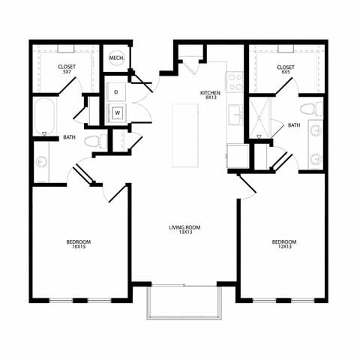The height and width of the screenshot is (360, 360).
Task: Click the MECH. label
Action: click(x=116, y=58)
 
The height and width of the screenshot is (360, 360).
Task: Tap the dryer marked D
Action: click(x=116, y=92)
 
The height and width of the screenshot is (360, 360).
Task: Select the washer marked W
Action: click(x=116, y=114)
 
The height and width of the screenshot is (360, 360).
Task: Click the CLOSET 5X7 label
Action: click(x=66, y=70)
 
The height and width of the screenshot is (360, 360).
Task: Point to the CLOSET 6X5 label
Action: click(x=285, y=70)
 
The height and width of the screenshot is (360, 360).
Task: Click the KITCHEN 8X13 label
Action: click(x=209, y=96)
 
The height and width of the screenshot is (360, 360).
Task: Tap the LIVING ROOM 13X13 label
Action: click(x=184, y=230)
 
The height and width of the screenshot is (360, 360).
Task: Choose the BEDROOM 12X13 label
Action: click(x=283, y=244)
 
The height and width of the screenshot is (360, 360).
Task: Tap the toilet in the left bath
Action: click(x=92, y=141)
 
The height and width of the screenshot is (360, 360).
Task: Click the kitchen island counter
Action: click(x=184, y=135)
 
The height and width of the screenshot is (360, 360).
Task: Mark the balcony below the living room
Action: click(x=184, y=302)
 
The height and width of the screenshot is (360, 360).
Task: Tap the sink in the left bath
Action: click(x=40, y=162)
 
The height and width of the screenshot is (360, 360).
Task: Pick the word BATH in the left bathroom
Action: click(x=69, y=137)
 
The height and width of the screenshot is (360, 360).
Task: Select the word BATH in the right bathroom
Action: click(x=293, y=125)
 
